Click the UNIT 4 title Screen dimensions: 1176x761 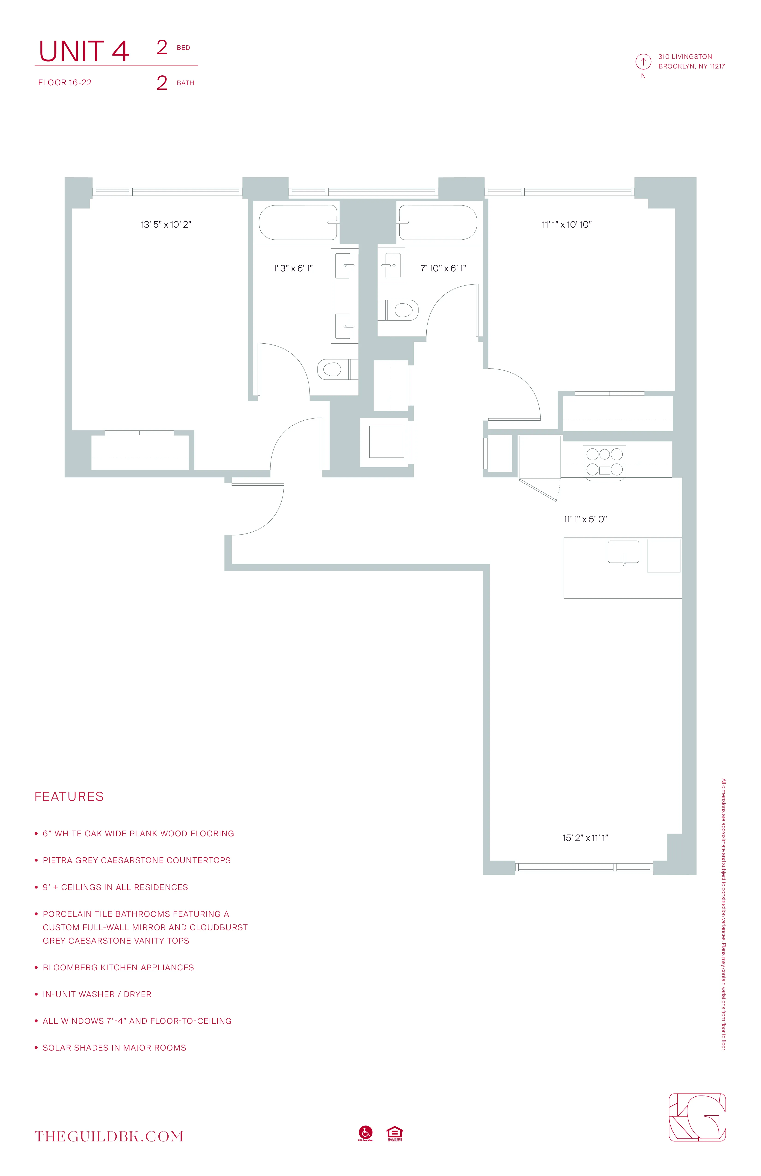click(84, 51)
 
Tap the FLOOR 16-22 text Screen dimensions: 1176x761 click(65, 83)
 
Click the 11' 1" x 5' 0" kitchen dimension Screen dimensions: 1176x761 click(585, 519)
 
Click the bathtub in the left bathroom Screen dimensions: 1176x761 click(298, 222)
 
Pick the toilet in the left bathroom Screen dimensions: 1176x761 click(333, 369)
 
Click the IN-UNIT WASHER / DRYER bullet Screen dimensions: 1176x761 click(97, 994)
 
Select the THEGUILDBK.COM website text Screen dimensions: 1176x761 click(109, 1137)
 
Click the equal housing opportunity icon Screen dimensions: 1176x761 click(394, 1133)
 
